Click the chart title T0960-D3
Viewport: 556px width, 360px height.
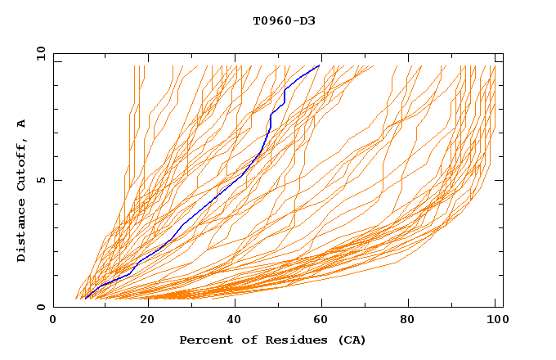[x=284, y=20]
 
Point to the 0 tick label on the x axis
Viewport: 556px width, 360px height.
[x=53, y=322]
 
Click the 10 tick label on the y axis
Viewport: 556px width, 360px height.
[x=39, y=53]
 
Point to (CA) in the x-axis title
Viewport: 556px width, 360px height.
[x=352, y=340]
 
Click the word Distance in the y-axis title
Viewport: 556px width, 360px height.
[x=21, y=232]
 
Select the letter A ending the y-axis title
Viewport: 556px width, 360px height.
[x=21, y=124]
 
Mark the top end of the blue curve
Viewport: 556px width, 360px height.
[x=320, y=65]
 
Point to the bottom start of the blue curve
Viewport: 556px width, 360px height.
[x=85, y=299]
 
